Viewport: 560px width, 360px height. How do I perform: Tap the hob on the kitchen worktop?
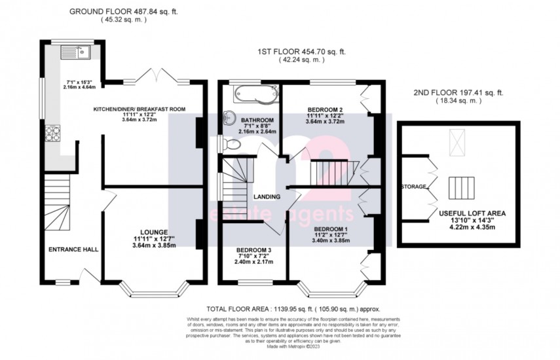(51, 135)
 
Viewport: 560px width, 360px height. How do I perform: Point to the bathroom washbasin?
(228, 118)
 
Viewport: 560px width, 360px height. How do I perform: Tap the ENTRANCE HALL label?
(73, 249)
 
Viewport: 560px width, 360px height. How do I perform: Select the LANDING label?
(269, 196)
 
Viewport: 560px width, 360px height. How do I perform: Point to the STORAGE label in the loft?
(413, 187)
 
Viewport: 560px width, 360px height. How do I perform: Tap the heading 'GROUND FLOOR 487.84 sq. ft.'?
(124, 10)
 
